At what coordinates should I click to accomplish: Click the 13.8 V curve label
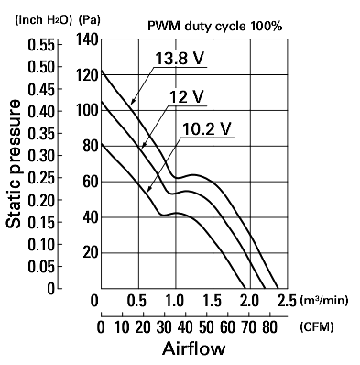[x=180, y=58]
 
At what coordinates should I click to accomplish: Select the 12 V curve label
[x=186, y=97]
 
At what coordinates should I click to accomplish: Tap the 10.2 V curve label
[x=206, y=129]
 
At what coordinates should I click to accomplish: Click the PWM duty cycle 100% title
[x=215, y=27]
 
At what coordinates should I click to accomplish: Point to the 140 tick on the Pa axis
[x=87, y=39]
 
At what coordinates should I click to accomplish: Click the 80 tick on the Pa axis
[x=91, y=146]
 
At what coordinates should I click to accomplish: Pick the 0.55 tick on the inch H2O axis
[x=41, y=45]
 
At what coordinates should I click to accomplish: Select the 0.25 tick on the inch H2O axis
[x=41, y=178]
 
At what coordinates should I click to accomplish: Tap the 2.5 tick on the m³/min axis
[x=288, y=301]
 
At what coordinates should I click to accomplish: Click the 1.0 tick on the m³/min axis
[x=175, y=301]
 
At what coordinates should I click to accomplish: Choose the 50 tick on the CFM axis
[x=206, y=327]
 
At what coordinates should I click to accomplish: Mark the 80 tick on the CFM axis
[x=269, y=327]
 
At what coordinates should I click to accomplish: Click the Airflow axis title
[x=194, y=348]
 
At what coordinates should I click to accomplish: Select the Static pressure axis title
[x=14, y=164]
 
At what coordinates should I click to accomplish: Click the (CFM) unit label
[x=316, y=327]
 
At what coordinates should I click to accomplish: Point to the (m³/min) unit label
[x=324, y=301]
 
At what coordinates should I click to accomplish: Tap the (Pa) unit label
[x=89, y=20]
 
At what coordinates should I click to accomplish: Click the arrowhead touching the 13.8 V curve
[x=132, y=102]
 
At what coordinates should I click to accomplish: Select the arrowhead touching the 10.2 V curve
[x=149, y=189]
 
